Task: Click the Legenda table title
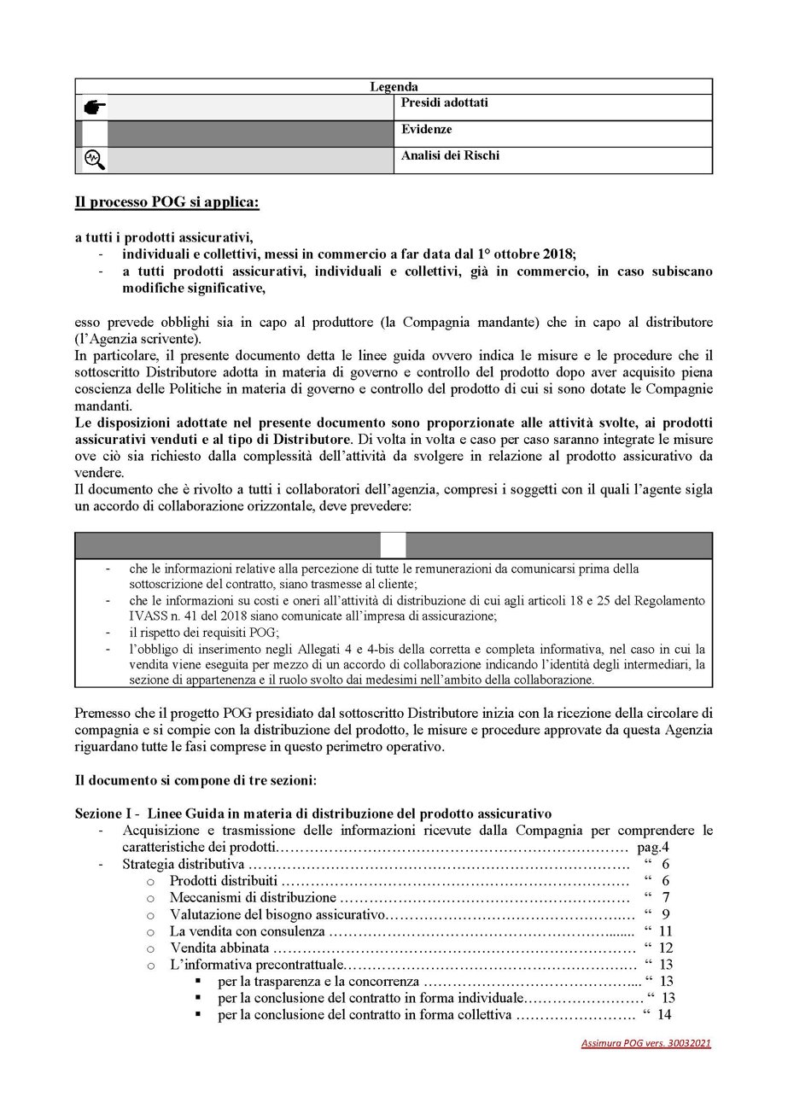(394, 86)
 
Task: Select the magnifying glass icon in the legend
(93, 159)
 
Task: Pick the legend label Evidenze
(427, 130)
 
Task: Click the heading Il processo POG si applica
(166, 203)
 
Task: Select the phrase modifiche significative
(194, 289)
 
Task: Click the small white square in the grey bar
(393, 545)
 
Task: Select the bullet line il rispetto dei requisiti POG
(197, 633)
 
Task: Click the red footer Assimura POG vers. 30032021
(646, 1043)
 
